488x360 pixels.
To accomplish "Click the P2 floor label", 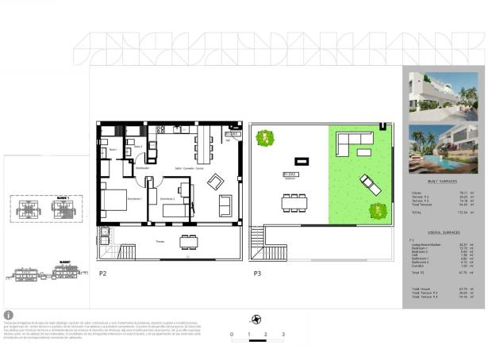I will pos(102,274).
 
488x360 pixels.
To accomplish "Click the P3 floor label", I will pos(256,274).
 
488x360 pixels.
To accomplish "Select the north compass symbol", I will pos(256,320).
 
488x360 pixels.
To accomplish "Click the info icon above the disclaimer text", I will pos(9,315).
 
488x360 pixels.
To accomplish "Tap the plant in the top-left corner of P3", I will pos(262,138).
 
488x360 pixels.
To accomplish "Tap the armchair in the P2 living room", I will pos(216,182).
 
